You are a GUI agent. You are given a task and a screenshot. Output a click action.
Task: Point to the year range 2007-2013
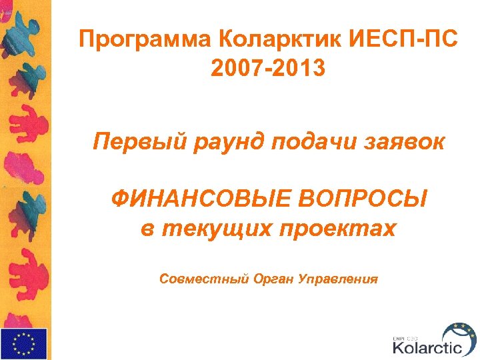click(x=268, y=68)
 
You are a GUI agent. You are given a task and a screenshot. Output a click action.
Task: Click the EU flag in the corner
click(x=24, y=344)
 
